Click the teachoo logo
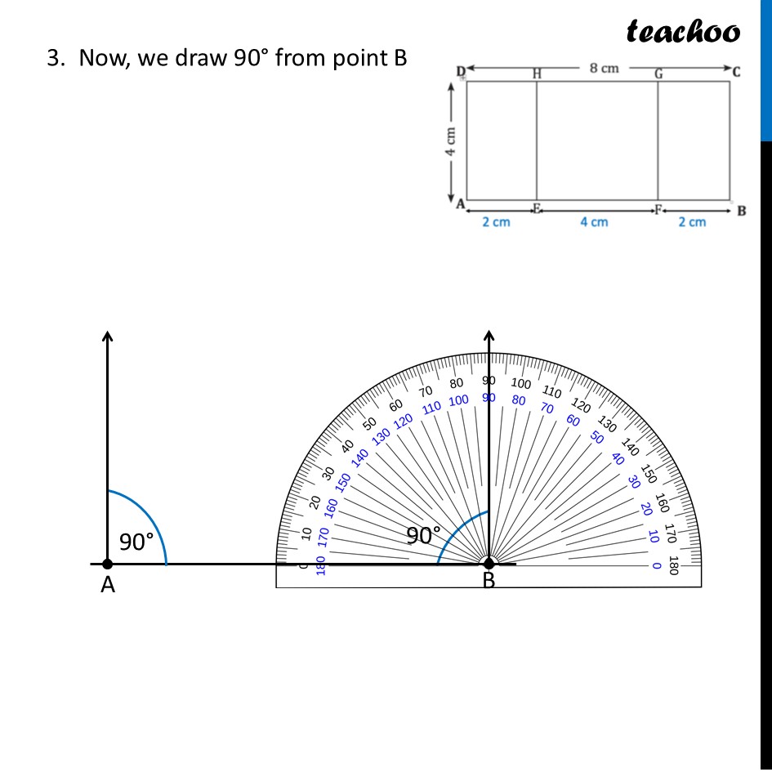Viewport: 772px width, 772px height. (x=683, y=31)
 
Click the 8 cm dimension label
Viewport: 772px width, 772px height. (x=605, y=68)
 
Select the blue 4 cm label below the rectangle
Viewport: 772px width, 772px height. (x=594, y=222)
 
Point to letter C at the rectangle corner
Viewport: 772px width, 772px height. (x=736, y=71)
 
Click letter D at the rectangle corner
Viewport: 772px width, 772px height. (x=460, y=72)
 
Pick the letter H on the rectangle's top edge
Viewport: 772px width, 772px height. (x=537, y=74)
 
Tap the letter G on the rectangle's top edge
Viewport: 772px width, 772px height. (x=658, y=74)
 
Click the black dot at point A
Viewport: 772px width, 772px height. (x=107, y=564)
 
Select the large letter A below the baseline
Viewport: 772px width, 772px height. (x=107, y=585)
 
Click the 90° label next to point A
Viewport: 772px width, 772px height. (x=136, y=542)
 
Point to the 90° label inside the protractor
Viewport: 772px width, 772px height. (x=424, y=536)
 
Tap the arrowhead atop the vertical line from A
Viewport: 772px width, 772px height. (x=107, y=335)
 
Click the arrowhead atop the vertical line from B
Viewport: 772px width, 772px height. (x=489, y=335)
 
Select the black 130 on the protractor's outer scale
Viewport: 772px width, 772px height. (x=607, y=424)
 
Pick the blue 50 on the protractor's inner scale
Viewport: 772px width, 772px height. (x=597, y=437)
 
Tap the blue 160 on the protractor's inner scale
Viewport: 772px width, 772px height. (x=331, y=507)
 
